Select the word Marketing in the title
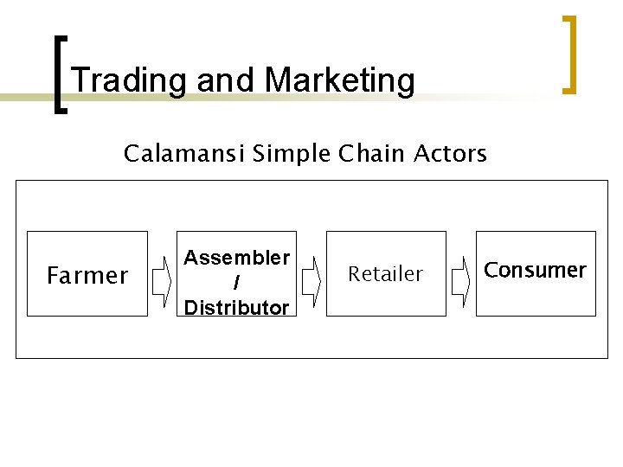tap(340, 80)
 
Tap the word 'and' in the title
tap(227, 80)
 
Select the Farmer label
tap(87, 276)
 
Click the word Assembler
tap(237, 258)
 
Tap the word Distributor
tap(237, 307)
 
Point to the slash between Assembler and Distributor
tap(237, 283)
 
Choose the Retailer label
tap(385, 274)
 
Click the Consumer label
tap(535, 270)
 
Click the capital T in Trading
tap(82, 80)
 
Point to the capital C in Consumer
tap(491, 270)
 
